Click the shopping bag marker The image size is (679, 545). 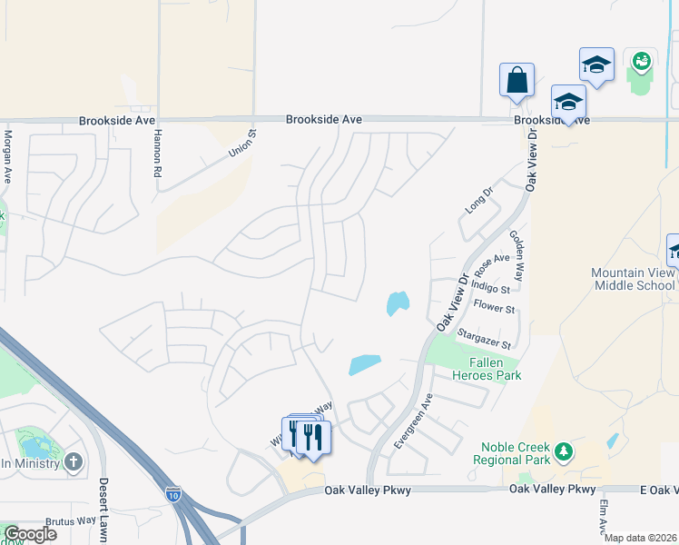[517, 79]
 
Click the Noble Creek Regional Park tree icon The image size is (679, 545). [564, 451]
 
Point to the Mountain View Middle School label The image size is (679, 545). [634, 279]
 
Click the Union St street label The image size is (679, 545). [242, 142]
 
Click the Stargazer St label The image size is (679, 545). [485, 339]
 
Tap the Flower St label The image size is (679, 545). [494, 309]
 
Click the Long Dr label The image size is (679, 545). [477, 201]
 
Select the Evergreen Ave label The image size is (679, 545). [413, 421]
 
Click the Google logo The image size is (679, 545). [29, 534]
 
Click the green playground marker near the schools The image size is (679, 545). [642, 61]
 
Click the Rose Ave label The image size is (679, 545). [493, 264]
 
